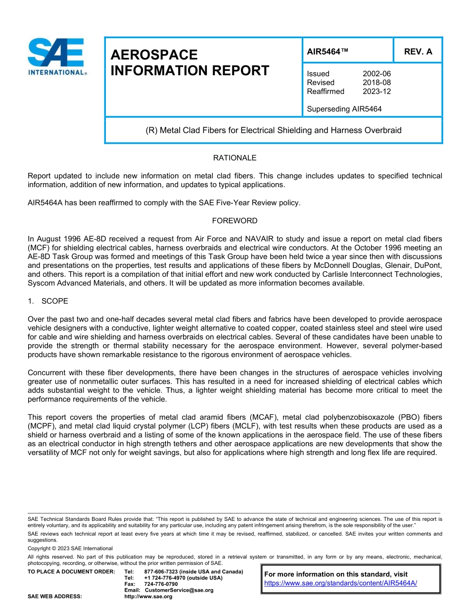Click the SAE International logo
coord(57,56)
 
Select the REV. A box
coord(418,51)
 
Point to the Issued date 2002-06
coord(377,74)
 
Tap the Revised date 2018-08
coord(377,83)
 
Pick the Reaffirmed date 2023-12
coord(377,92)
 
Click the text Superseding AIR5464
coord(344,109)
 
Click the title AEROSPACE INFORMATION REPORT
coord(190,63)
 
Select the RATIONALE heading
coord(235,158)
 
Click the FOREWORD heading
coord(235,221)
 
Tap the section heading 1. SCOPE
coord(48,301)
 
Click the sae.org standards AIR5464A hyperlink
coord(341,583)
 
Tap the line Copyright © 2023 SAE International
coord(70,549)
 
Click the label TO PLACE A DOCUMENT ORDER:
coord(71,572)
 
